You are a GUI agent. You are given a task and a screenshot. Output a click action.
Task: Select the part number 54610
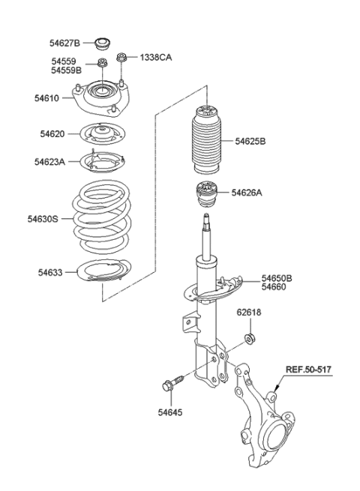48,97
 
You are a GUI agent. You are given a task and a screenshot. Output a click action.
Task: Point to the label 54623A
51,161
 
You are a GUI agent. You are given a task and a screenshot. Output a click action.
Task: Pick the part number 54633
51,272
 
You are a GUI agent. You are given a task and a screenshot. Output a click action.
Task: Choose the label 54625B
250,140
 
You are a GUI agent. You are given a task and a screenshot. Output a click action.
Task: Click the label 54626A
248,193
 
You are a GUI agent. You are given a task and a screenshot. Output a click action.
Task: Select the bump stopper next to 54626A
206,196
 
